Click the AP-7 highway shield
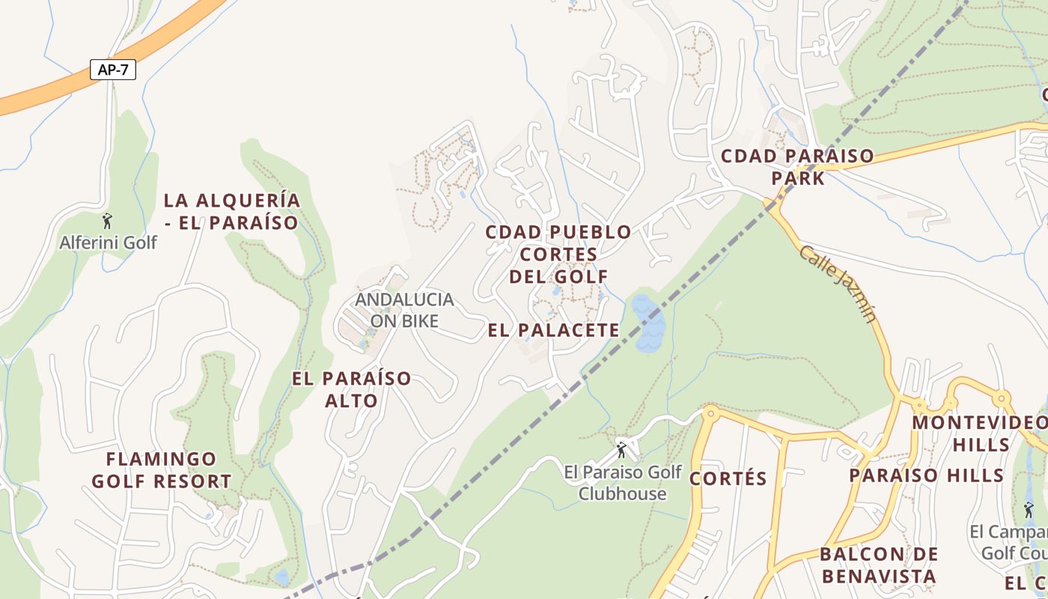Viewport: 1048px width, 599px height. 112,70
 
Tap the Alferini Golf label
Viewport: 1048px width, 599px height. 109,243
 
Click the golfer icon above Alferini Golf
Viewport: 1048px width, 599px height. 108,221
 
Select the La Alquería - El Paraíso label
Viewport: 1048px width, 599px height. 231,211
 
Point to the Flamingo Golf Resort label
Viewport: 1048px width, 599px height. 161,470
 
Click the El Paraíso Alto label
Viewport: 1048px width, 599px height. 351,389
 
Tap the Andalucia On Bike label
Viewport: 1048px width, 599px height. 404,310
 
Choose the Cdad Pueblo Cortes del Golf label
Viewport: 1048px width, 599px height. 558,254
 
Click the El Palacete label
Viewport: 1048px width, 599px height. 554,330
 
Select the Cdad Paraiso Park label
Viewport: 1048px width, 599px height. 797,167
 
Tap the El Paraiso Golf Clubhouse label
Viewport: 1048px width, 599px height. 623,483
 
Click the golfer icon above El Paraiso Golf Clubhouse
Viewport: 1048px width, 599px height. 621,450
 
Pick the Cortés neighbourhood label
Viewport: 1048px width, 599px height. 728,479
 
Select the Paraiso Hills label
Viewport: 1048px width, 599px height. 926,475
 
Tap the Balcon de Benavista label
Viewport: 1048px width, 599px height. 878,565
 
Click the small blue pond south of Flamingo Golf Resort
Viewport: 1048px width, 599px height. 281,577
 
